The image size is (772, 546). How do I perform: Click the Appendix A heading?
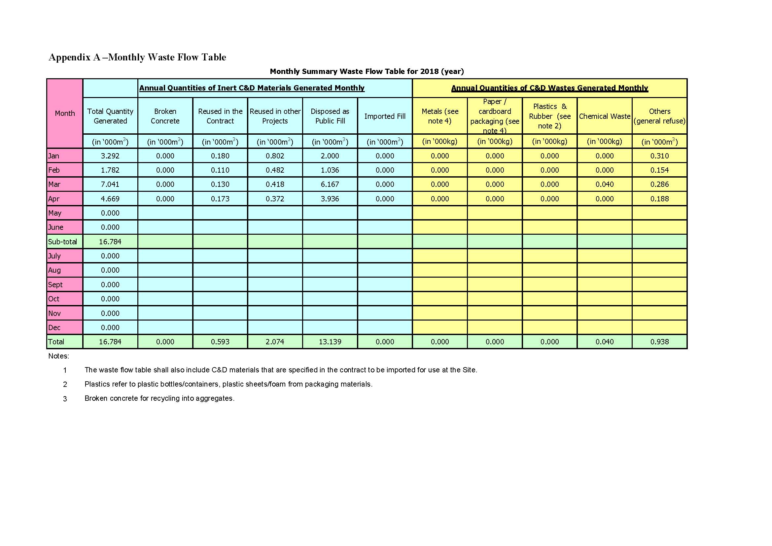[x=137, y=57]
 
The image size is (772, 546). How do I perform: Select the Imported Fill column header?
[x=385, y=116]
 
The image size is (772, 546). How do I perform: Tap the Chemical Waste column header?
[x=604, y=116]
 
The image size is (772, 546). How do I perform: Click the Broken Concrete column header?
[x=165, y=116]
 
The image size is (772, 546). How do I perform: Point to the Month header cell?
[x=65, y=113]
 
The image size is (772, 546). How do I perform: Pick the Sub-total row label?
[x=62, y=242]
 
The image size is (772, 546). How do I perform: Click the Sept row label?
[x=55, y=285]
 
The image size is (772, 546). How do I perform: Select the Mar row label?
[x=54, y=185]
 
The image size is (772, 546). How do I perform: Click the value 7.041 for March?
[x=110, y=185]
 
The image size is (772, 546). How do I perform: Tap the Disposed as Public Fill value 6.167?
[x=330, y=185]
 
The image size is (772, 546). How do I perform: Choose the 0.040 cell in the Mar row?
[x=604, y=185]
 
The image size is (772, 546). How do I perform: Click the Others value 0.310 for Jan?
[x=659, y=156]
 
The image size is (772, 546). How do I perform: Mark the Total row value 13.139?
[x=330, y=342]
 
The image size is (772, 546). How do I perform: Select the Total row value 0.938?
[x=659, y=342]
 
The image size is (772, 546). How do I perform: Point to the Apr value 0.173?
[x=220, y=199]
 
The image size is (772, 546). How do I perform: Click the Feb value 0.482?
[x=275, y=170]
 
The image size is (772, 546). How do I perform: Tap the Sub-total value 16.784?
[x=110, y=242]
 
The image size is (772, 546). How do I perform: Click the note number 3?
[x=65, y=399]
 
